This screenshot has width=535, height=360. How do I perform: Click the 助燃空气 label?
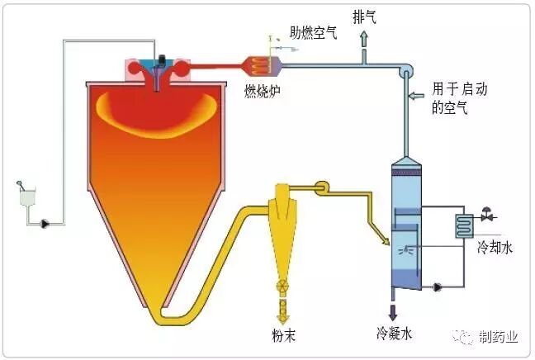tap(313, 34)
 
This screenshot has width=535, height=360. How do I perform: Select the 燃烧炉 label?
tap(262, 89)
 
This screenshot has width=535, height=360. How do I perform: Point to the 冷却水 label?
tap(495, 247)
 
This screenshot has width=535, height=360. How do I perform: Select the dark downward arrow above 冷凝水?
tap(392, 311)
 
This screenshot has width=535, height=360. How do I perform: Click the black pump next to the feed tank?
tap(44, 221)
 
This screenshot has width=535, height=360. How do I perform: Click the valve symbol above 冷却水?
tap(487, 216)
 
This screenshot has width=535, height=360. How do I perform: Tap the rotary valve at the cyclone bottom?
tap(282, 288)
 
